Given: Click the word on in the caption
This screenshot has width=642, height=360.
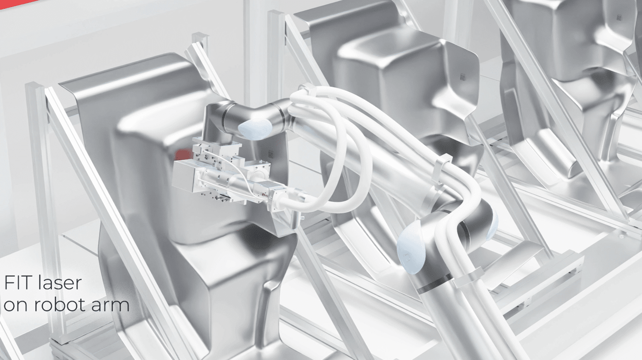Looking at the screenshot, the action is pyautogui.click(x=16, y=306).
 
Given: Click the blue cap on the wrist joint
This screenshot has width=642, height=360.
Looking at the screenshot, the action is pyautogui.click(x=255, y=129).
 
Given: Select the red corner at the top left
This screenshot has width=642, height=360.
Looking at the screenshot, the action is pyautogui.click(x=17, y=4).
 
